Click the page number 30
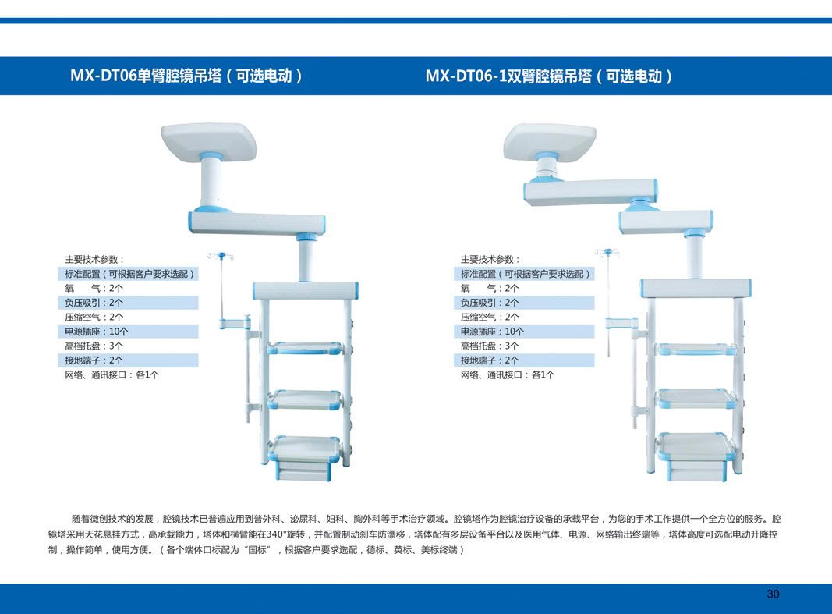point(773,594)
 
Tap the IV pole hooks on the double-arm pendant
point(607,252)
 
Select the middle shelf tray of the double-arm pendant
point(693,399)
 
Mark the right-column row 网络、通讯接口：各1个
point(508,375)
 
